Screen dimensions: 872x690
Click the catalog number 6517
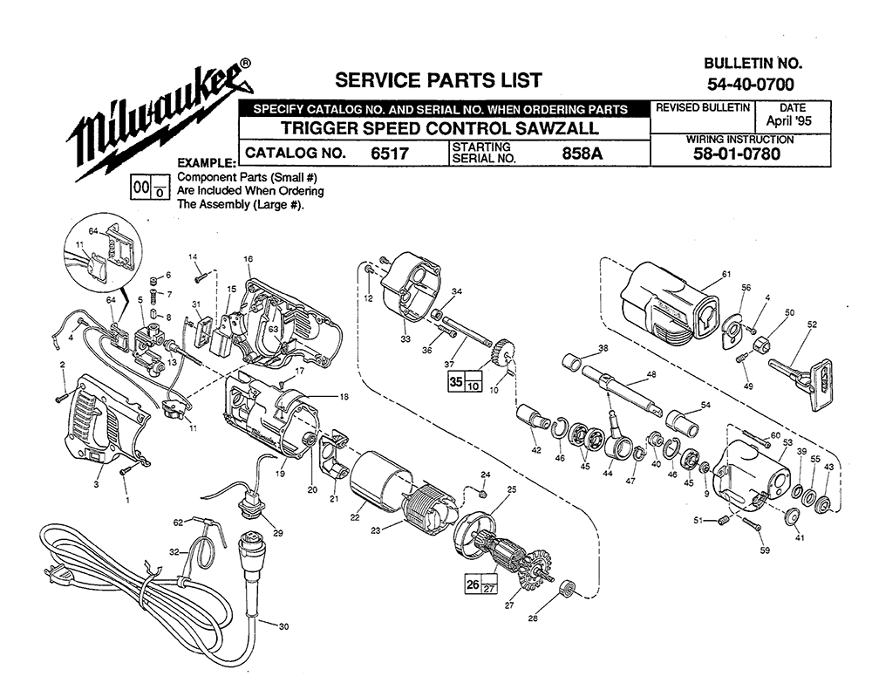[x=390, y=153]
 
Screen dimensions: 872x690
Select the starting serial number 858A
[x=582, y=153]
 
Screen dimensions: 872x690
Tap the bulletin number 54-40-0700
[x=750, y=84]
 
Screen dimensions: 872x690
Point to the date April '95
[x=788, y=120]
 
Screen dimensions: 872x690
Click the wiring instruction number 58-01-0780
[x=736, y=154]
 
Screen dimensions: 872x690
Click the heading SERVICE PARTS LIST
[x=439, y=80]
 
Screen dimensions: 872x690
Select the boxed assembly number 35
[x=457, y=382]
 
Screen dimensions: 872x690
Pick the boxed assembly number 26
[x=473, y=584]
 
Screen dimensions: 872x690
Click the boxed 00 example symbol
[x=141, y=188]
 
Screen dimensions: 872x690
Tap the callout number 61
[x=726, y=274]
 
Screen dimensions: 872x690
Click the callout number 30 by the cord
[x=283, y=626]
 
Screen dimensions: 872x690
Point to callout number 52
[x=812, y=325]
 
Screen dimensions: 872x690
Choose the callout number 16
[x=248, y=259]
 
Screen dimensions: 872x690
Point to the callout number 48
[x=651, y=374]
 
